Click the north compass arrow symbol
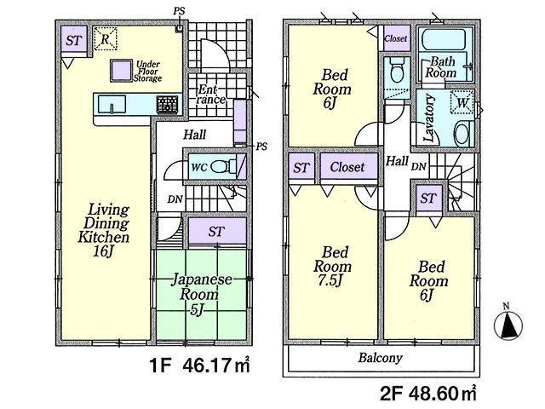510,324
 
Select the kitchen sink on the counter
112,104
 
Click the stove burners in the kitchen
166,104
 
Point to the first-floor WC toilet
219,167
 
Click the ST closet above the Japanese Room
215,231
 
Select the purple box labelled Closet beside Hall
347,168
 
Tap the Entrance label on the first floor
211,95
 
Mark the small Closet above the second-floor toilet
395,39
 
